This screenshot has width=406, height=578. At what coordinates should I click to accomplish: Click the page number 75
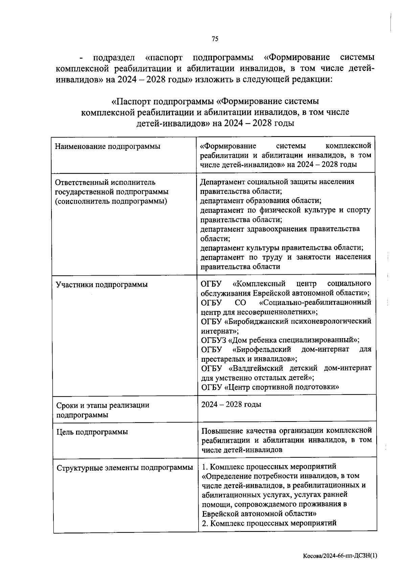(x=215, y=39)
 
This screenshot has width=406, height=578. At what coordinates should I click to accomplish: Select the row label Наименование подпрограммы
(x=107, y=147)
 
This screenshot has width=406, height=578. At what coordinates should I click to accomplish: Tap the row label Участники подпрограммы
(x=102, y=284)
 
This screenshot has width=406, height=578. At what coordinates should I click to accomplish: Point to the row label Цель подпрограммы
(x=92, y=432)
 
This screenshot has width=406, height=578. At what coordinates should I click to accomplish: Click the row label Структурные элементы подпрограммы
(x=125, y=468)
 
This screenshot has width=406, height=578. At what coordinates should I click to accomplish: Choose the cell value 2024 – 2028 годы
(x=231, y=404)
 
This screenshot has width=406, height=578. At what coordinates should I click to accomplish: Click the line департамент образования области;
(x=261, y=201)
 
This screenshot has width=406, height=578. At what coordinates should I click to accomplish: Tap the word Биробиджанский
(x=258, y=321)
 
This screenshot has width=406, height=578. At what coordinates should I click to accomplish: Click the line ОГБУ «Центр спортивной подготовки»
(x=270, y=387)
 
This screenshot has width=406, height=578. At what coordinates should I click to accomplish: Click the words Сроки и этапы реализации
(x=103, y=405)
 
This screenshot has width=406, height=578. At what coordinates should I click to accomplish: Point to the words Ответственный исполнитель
(x=105, y=182)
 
